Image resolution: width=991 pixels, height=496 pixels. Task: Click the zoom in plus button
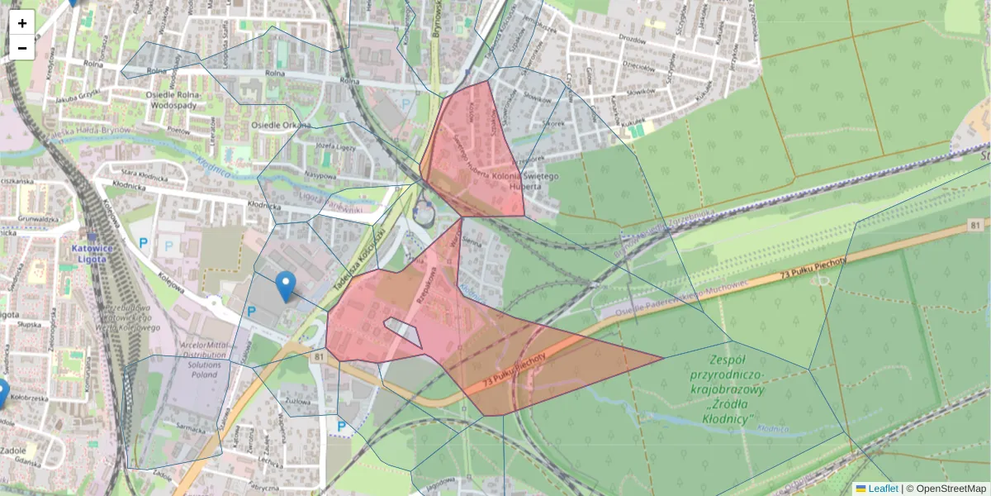click(22, 23)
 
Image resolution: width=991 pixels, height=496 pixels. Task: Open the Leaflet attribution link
click(882, 489)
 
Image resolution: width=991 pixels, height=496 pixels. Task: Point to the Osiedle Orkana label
click(274, 126)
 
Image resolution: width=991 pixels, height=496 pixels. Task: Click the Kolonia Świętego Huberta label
click(526, 181)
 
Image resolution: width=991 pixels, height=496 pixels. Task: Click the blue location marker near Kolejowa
click(285, 285)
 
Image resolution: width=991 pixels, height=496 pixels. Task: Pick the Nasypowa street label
click(318, 175)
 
